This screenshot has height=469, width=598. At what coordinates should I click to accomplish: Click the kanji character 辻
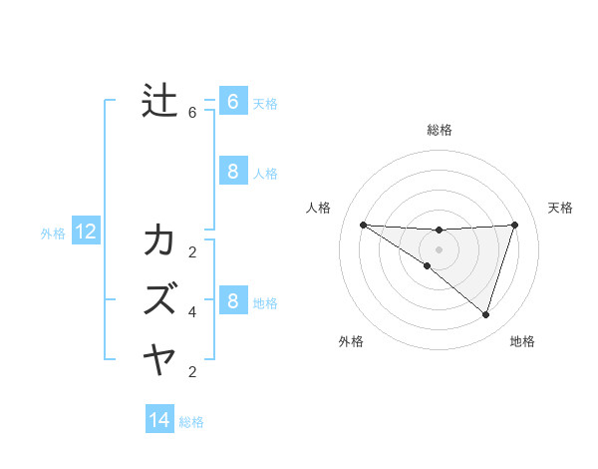click(x=159, y=101)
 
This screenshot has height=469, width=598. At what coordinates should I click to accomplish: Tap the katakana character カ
click(x=159, y=240)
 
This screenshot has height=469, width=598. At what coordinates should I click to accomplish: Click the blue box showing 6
click(x=232, y=101)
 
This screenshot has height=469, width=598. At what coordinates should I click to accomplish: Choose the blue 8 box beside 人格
click(x=232, y=171)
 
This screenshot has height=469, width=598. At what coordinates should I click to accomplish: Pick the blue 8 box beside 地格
click(x=232, y=300)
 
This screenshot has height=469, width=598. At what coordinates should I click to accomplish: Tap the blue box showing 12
click(x=86, y=233)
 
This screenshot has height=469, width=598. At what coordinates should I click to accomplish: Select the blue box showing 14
click(x=159, y=420)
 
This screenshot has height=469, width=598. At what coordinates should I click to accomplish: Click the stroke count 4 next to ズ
click(x=192, y=312)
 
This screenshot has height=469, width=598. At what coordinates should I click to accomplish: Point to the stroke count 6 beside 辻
click(x=192, y=113)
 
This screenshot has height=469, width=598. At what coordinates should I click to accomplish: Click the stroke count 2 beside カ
click(x=192, y=251)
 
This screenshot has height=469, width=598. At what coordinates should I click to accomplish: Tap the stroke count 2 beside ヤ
click(x=192, y=372)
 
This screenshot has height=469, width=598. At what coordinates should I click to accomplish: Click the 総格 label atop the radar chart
click(x=440, y=130)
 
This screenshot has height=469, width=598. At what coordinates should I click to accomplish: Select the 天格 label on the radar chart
click(x=560, y=208)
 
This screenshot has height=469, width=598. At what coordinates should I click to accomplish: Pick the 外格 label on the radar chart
click(x=351, y=341)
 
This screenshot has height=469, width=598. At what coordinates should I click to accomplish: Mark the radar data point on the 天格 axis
click(x=515, y=225)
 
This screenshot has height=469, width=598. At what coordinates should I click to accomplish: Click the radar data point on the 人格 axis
click(x=363, y=225)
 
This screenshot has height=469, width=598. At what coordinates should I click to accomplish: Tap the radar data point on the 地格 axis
click(x=485, y=314)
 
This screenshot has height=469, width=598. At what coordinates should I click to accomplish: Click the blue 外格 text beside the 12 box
click(x=53, y=234)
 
